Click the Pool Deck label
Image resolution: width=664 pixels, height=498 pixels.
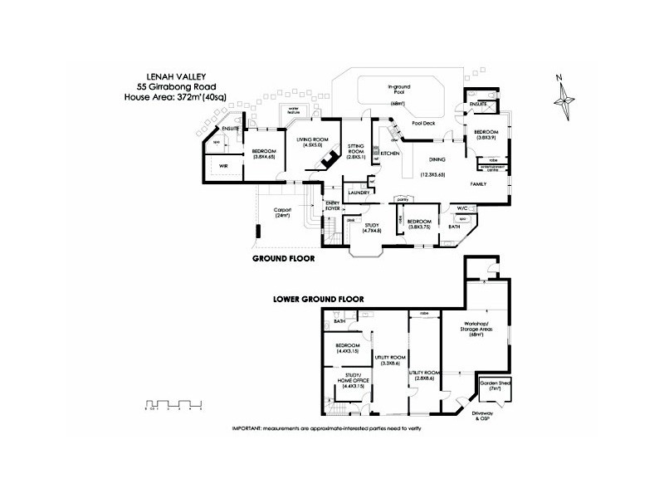(422, 122)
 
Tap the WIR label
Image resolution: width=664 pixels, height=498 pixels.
(223, 166)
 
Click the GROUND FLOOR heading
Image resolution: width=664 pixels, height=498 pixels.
(282, 258)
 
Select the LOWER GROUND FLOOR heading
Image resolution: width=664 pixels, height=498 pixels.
(320, 298)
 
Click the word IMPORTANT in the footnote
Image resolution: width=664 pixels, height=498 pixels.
(247, 427)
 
